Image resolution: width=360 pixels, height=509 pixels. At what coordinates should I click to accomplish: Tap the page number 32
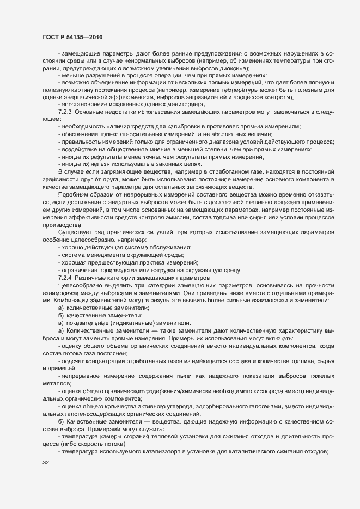tap(46, 463)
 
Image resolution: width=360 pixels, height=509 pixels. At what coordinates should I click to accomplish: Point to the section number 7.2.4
tap(65, 278)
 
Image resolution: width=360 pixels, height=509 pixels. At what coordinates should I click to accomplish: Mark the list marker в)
tap(61, 323)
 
